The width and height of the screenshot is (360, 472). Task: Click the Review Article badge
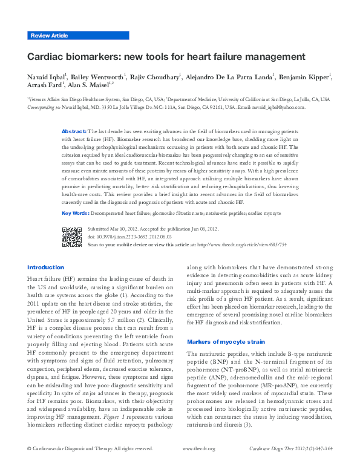[49, 36]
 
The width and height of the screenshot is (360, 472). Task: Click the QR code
[72, 237]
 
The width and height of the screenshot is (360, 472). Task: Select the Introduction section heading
[46, 267]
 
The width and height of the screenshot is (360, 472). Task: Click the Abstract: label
[74, 131]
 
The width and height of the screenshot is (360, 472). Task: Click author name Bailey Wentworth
[97, 78]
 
